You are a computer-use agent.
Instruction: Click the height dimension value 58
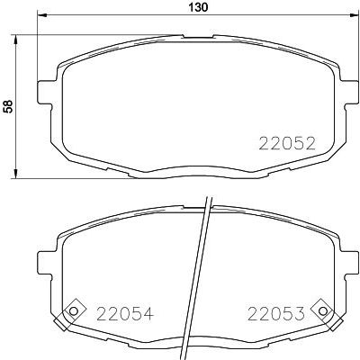click(9, 105)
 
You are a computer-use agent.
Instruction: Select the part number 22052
click(286, 143)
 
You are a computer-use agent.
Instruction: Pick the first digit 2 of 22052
click(265, 143)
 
